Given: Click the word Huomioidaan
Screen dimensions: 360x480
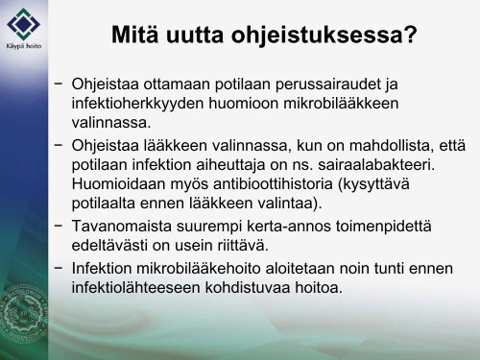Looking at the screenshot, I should [118, 184].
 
